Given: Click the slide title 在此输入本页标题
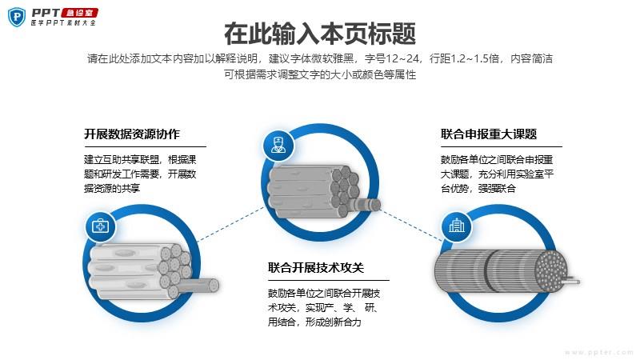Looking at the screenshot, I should click(x=320, y=34).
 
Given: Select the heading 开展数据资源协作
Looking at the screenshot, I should click(x=132, y=134).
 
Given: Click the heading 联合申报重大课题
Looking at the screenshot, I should click(x=489, y=134).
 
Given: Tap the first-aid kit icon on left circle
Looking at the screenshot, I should click(x=101, y=226).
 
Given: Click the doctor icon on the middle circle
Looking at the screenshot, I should click(x=278, y=146).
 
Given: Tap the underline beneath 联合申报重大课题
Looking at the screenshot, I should click(x=501, y=147).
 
